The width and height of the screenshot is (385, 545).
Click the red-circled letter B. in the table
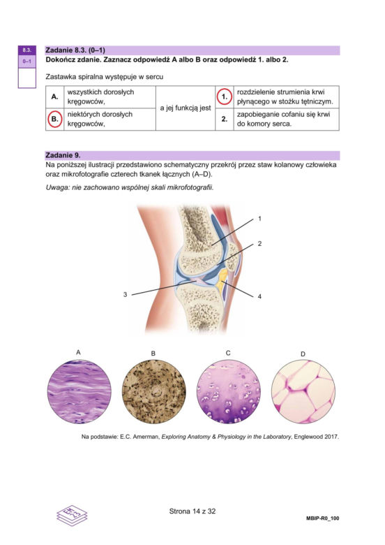coord(54,119)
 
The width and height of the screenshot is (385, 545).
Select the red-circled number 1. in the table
coord(225,97)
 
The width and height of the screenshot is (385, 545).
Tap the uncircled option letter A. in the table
coord(54,96)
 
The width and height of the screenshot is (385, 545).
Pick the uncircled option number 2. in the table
coord(225,119)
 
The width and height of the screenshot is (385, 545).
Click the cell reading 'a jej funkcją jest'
coord(186,108)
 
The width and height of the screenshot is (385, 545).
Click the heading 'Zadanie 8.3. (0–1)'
coord(75,50)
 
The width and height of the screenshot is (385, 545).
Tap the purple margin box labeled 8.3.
coord(27,50)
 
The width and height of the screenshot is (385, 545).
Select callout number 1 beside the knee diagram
coord(259,219)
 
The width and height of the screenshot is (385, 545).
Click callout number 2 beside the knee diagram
coord(259,244)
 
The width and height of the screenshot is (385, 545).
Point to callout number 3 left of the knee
coord(126,294)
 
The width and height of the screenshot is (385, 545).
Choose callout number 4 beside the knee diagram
coord(259,296)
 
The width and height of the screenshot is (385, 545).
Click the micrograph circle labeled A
coord(79,391)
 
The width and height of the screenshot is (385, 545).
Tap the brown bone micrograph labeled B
coord(154,391)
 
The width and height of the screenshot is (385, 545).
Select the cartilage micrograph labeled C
coord(229,391)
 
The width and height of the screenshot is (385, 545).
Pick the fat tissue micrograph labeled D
coord(303,391)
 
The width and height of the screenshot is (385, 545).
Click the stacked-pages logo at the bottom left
coord(72,516)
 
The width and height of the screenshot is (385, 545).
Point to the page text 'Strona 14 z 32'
coord(192,511)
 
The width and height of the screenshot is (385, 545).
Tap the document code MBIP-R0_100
coord(322,518)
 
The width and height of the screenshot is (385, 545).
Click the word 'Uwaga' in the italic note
coord(56,188)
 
